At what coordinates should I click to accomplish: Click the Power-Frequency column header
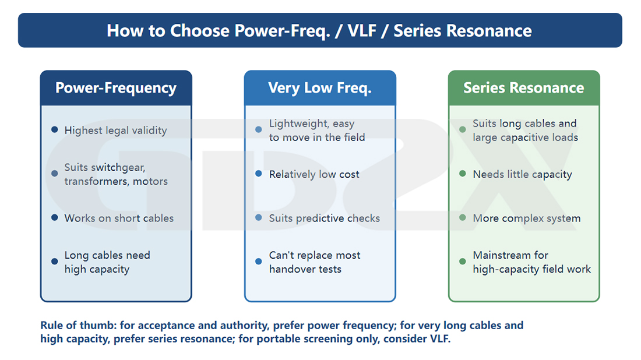116,88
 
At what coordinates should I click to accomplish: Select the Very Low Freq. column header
320,88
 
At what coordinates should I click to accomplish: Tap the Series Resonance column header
524,88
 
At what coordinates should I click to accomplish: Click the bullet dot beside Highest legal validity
54,129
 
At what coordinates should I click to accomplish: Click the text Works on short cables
119,218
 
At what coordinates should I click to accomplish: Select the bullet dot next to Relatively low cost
258,174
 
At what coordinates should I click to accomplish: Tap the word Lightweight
298,124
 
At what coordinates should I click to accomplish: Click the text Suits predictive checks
324,218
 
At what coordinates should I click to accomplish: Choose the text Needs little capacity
522,175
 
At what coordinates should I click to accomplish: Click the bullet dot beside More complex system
462,217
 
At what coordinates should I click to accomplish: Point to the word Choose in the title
199,31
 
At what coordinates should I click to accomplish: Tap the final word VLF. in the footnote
440,339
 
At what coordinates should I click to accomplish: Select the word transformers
96,181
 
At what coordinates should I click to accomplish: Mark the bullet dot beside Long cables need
54,262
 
